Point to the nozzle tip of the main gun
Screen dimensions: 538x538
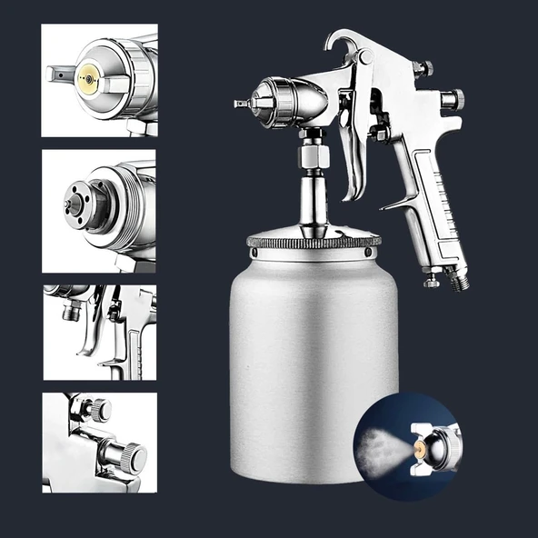tap(238, 104)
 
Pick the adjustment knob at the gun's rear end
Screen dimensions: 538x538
tap(453, 99)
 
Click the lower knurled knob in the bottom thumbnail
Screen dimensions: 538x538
tap(131, 453)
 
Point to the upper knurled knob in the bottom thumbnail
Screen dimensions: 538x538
tap(97, 409)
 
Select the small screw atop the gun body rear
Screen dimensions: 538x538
tap(421, 68)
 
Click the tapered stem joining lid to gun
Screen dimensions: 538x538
tap(312, 200)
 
